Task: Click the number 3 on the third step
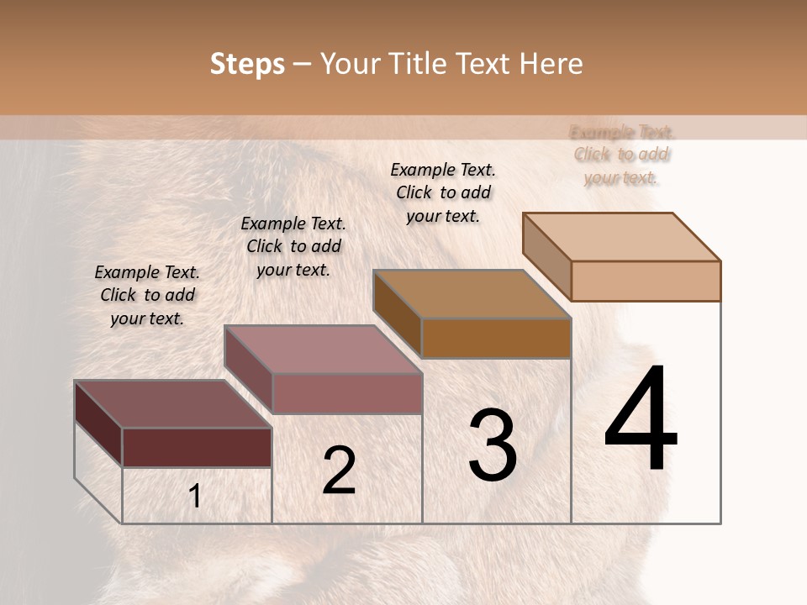click(x=493, y=445)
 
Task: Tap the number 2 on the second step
click(x=340, y=471)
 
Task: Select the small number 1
click(x=195, y=497)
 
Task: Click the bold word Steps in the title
click(x=247, y=64)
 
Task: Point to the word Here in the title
click(x=551, y=64)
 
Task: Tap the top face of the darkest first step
click(x=172, y=403)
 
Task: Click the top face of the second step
click(x=324, y=349)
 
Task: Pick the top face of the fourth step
click(x=622, y=237)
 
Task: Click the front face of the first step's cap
click(x=197, y=447)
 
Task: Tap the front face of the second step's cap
click(x=347, y=393)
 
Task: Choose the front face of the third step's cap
click(x=496, y=338)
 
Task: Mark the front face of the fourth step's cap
click(x=646, y=281)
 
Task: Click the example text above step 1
click(x=147, y=295)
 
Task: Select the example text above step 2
click(x=293, y=246)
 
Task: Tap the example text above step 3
click(x=443, y=192)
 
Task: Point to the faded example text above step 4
click(x=621, y=155)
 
